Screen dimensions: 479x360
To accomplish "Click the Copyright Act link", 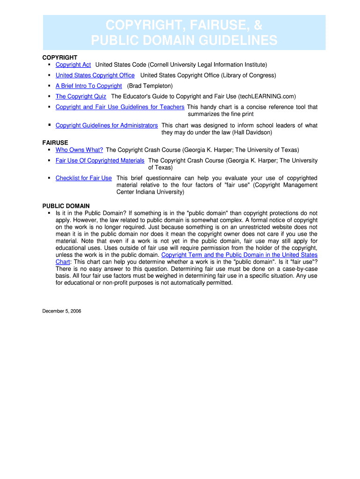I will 73,65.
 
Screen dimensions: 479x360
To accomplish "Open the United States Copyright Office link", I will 95,75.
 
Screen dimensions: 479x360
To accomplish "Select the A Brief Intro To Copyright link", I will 88,86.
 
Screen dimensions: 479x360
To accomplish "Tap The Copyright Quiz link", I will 80,96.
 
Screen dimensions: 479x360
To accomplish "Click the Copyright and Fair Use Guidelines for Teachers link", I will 120,107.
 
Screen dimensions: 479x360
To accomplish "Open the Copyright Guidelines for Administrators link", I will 107,125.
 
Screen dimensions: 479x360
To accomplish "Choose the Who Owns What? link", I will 79,150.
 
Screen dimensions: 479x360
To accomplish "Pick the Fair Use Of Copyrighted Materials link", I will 100,160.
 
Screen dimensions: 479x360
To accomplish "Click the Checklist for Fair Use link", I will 84,178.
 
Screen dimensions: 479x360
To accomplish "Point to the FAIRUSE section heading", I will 55,142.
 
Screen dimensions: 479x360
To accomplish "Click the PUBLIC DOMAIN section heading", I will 66,206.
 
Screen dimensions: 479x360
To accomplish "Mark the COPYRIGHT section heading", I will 60,57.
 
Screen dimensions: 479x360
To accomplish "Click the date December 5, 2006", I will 62,311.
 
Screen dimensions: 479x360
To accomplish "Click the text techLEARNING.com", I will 266,96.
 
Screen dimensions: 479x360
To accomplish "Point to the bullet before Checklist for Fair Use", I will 49,178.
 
